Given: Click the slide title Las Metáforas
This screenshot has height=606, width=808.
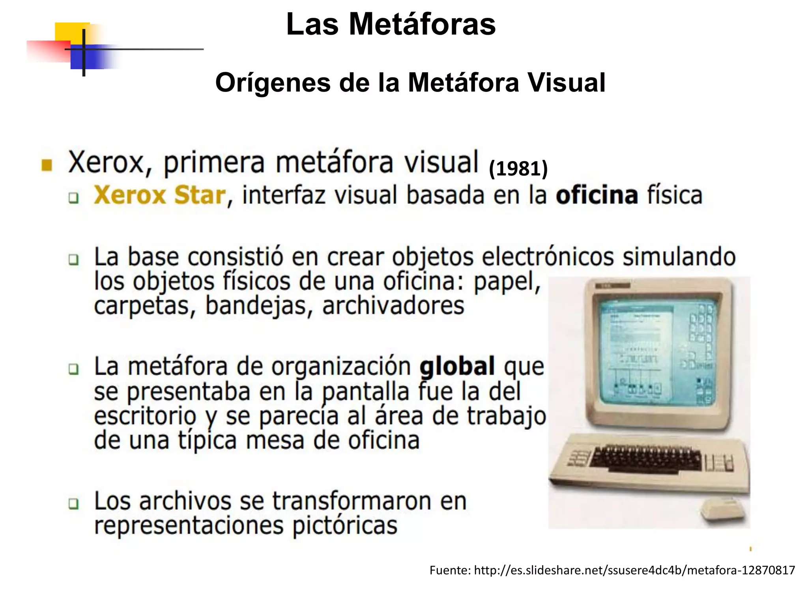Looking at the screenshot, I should pos(391,24).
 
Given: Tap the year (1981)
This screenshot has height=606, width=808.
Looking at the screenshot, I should pos(518,169).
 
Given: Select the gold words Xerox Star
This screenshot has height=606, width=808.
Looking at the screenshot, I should pos(160,195).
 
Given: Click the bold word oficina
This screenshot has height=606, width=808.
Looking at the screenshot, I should pos(597,195).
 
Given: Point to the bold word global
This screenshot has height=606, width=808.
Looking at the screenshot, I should pos(457,366).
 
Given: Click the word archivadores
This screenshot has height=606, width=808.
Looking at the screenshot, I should pos(393,306).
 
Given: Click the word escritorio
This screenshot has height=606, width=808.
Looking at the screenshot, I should pos(145,416).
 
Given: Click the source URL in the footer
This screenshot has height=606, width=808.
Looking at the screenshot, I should pos(634,570).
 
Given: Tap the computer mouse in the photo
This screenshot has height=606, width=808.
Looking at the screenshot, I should pos(723,512).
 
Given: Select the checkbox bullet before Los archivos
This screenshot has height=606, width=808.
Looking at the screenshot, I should pos(73,504).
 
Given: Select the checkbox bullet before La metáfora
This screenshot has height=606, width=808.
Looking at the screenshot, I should pos(73,369).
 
